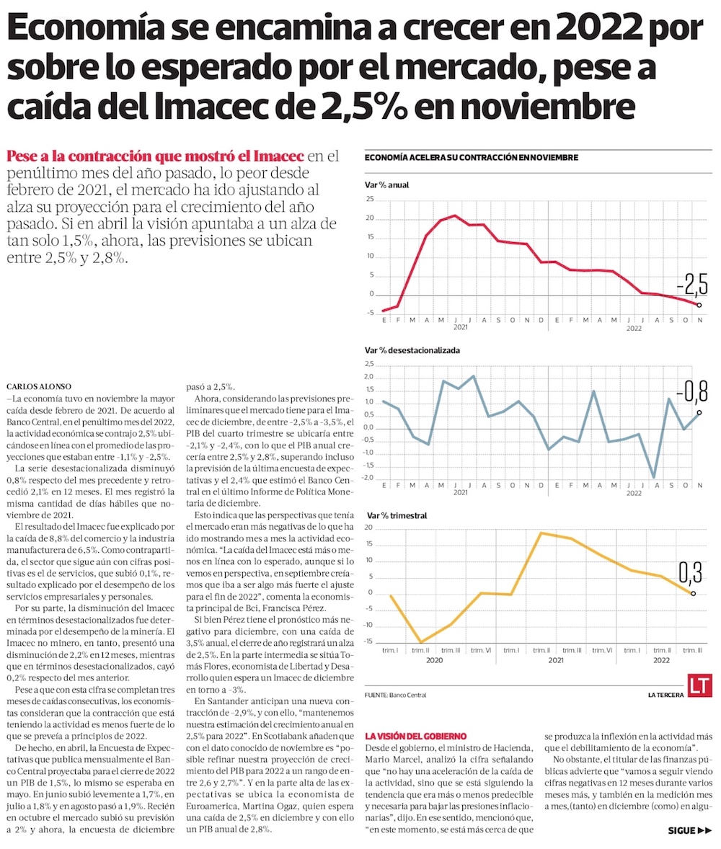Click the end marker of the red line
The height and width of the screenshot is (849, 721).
pos(699,305)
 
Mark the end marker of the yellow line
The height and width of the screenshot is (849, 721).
pos(693,593)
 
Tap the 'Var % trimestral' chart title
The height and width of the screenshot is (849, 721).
pos(397,516)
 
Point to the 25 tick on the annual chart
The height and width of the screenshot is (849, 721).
pos(370,200)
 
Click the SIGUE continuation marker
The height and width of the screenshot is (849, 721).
pos(689,830)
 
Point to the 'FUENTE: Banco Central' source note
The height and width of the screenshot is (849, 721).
pos(396,695)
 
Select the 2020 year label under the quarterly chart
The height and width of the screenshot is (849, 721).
pos(434,660)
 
